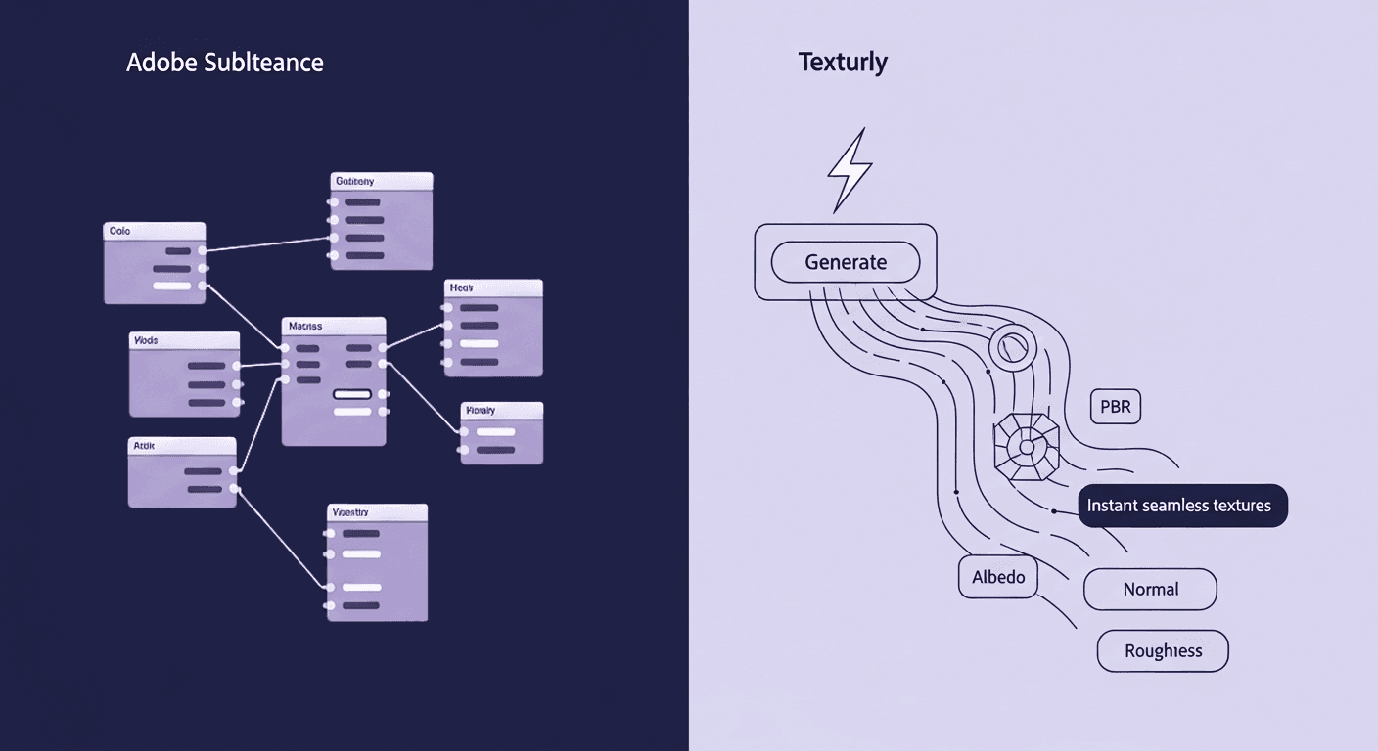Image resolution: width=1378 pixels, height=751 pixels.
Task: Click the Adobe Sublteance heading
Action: (224, 63)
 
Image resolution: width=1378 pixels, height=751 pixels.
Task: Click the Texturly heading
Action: (843, 62)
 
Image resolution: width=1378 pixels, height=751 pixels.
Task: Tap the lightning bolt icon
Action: (849, 169)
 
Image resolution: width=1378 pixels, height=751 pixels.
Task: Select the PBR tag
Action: (1115, 407)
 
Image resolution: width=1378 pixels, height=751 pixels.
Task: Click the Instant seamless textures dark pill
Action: (1181, 506)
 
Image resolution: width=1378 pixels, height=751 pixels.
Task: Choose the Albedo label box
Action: (997, 577)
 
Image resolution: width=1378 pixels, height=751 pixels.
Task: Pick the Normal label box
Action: (1150, 590)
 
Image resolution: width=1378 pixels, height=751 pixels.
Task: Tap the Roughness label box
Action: (1162, 651)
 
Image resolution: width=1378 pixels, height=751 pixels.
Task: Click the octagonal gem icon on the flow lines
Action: (1027, 447)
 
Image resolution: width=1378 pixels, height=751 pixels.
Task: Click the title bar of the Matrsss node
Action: (333, 325)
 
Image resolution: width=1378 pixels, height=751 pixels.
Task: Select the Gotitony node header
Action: (380, 181)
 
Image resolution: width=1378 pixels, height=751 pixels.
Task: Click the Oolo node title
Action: (154, 231)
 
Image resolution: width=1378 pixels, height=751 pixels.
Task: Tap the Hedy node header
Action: (492, 287)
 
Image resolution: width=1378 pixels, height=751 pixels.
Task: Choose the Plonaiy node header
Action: (500, 411)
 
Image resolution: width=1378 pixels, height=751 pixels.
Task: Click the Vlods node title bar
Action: (183, 340)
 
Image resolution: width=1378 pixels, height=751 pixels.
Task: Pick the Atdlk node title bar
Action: (182, 445)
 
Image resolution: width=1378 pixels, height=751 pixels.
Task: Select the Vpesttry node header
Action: (377, 512)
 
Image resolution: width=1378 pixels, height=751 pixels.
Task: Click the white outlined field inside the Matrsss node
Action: (352, 394)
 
